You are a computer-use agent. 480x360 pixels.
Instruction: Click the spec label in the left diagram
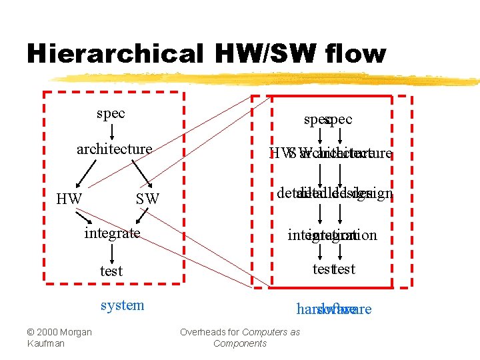tap(111, 113)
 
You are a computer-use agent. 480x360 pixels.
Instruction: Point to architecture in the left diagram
tap(114, 149)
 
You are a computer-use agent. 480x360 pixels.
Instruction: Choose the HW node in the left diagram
tap(69, 199)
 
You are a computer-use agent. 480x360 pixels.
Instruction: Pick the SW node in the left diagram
tap(147, 199)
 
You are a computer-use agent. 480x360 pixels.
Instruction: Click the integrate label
tap(112, 233)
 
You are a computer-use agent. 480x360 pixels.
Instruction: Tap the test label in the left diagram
tap(111, 271)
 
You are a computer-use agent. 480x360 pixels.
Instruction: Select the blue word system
tap(122, 305)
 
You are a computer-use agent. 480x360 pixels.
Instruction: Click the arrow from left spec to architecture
tap(111, 131)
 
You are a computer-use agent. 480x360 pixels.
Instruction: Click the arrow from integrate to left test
tap(112, 252)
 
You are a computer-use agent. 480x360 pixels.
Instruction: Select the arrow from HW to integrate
tap(84, 218)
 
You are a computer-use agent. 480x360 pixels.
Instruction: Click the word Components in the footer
tap(239, 343)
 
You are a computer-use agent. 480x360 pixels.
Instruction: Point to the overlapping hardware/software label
tap(333, 309)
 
